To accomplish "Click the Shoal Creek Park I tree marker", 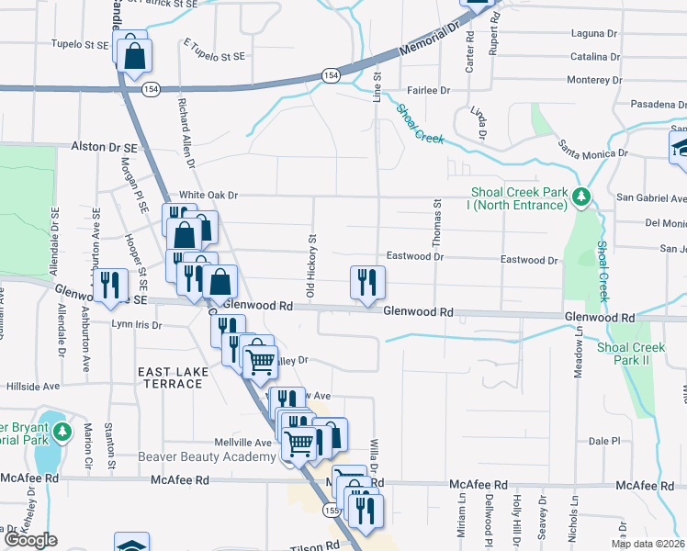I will [x=580, y=197].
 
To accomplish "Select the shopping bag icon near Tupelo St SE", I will [x=135, y=55].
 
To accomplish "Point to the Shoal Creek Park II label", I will [x=631, y=354].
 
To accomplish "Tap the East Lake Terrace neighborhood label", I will [x=170, y=377].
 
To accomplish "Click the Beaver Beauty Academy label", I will [x=194, y=456].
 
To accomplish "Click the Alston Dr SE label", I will [x=105, y=146].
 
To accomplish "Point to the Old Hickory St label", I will [x=311, y=265].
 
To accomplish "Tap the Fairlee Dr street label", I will [x=429, y=90].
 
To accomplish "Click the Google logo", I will [x=30, y=540].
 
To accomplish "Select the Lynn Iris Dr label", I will [x=136, y=324].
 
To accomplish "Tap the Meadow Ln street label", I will [x=580, y=354].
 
